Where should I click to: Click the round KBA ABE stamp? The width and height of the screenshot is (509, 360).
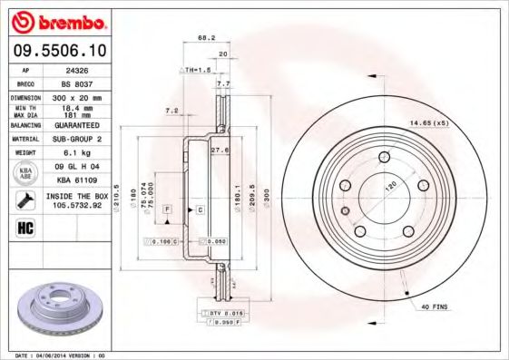26,174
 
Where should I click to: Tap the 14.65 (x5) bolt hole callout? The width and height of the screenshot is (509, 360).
429,122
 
